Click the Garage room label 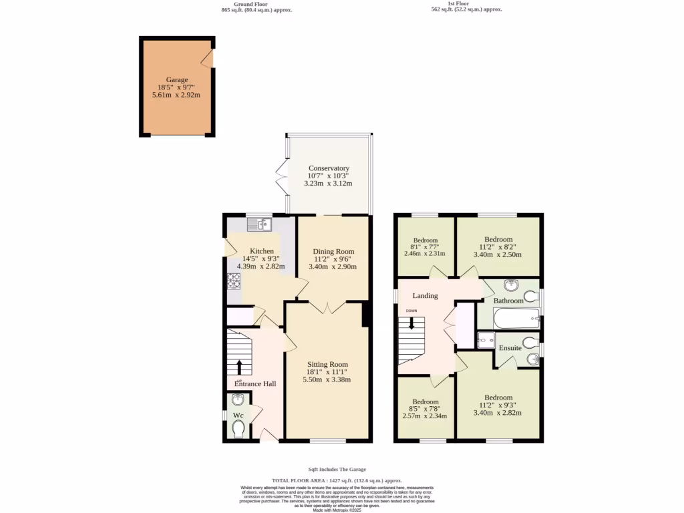[177, 79]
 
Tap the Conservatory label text [329, 168]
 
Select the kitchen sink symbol [259, 225]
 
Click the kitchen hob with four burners [234, 281]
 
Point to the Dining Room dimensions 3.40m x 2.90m [333, 267]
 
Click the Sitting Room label [327, 364]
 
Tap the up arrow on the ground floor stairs [239, 367]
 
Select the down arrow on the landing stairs [411, 323]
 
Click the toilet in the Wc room [238, 427]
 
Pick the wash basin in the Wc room [238, 401]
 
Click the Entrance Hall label [255, 383]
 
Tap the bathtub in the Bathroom [516, 318]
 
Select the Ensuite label [510, 347]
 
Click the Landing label [425, 295]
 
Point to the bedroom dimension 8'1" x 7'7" [425, 246]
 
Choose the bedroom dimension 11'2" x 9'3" [498, 405]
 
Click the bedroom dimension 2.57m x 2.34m [424, 415]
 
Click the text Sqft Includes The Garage [337, 470]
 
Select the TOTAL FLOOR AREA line [337, 480]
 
